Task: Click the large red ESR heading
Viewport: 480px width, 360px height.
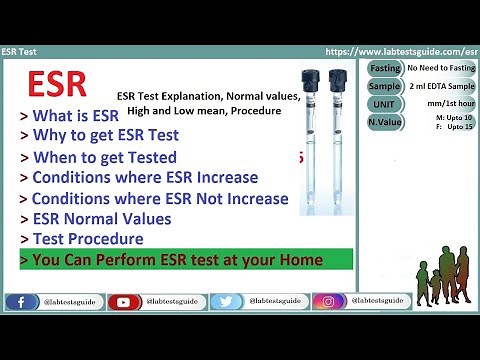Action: point(56,83)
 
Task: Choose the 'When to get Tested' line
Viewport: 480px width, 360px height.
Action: point(98,157)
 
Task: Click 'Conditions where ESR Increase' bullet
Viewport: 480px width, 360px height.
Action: point(139,177)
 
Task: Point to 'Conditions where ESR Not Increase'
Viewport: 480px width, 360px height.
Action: point(154,198)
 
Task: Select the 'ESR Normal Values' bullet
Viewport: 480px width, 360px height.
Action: point(95,218)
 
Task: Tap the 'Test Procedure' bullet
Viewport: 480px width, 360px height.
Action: point(82,239)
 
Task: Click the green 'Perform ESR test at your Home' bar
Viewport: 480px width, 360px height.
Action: point(185,260)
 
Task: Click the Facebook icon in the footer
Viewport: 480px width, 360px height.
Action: point(20,301)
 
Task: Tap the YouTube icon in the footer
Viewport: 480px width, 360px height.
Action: point(124,301)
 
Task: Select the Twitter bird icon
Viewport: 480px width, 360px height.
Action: point(227,301)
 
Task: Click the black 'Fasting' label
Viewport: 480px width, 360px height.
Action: point(384,68)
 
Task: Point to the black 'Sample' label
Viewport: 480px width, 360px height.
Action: point(384,86)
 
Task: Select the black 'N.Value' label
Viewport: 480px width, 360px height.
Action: point(384,123)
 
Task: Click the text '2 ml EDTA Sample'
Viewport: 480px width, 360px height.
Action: point(440,86)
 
